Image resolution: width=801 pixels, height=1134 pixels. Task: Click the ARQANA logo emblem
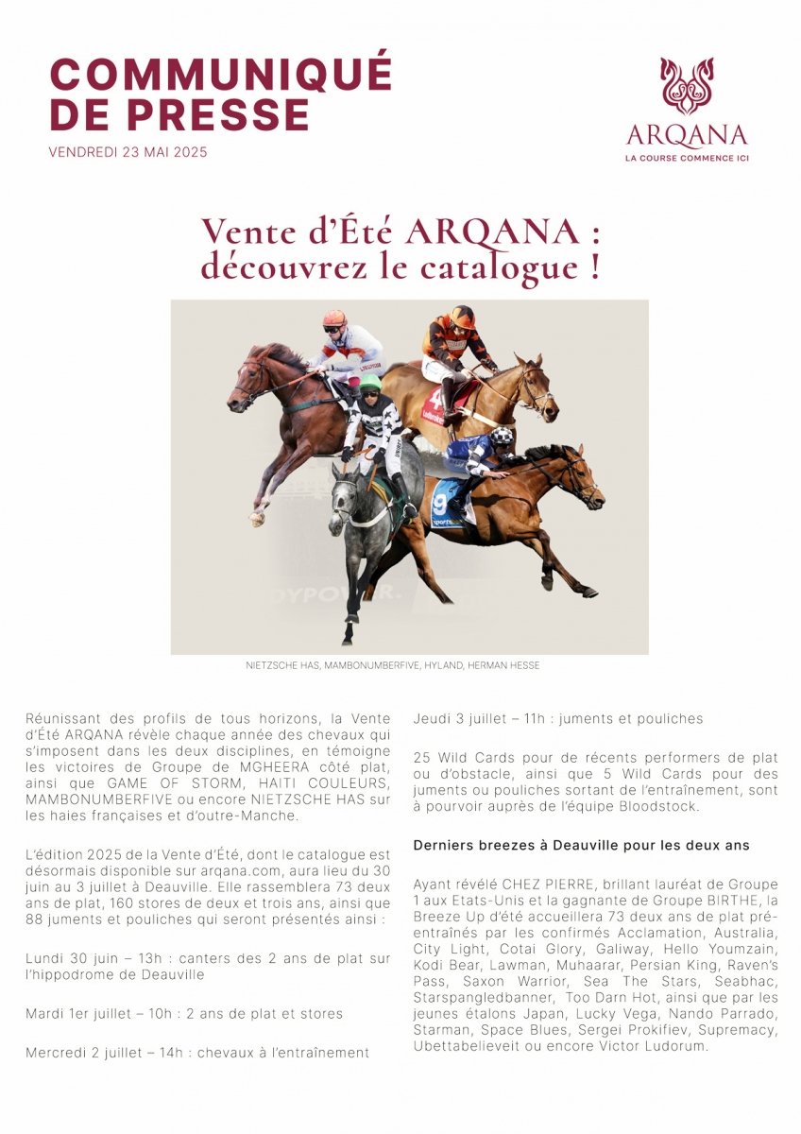click(687, 86)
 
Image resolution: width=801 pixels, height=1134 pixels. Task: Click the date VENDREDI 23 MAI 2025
click(128, 152)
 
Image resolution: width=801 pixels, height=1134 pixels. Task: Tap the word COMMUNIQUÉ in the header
click(221, 74)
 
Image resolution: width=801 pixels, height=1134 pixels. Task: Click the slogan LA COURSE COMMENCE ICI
click(687, 157)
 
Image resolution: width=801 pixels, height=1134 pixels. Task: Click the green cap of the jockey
click(370, 382)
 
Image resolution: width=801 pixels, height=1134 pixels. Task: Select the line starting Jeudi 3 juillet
click(558, 719)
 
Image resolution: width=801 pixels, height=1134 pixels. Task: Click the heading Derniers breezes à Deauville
click(582, 844)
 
